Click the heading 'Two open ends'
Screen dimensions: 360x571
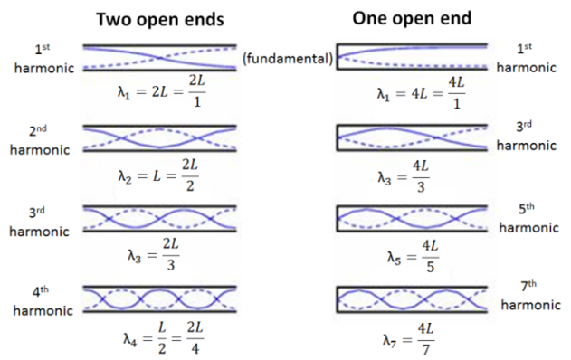coord(159,19)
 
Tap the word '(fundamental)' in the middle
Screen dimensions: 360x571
coord(288,60)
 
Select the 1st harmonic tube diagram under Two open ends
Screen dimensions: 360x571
coord(159,57)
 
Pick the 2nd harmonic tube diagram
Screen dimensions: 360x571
coord(159,137)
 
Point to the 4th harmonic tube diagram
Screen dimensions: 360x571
coord(159,298)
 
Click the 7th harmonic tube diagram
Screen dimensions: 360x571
coord(413,298)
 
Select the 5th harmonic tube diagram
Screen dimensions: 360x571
coord(413,218)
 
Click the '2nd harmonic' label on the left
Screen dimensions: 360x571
coord(40,140)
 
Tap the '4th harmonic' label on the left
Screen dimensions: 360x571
coord(40,301)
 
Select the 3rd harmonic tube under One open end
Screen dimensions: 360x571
coord(413,137)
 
